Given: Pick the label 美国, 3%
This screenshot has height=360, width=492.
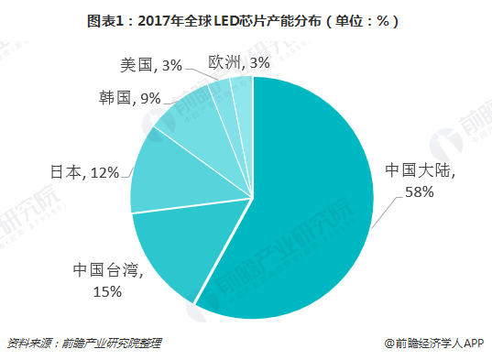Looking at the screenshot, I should coord(150,65).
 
